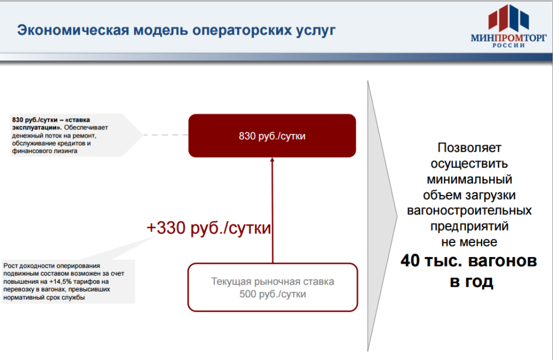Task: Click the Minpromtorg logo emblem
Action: pyautogui.click(x=509, y=18)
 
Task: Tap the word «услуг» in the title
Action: pyautogui.click(x=315, y=31)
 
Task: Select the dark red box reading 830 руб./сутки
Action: pyautogui.click(x=272, y=136)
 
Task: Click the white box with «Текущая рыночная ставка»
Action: pyautogui.click(x=273, y=287)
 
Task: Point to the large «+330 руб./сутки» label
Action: pyautogui.click(x=208, y=228)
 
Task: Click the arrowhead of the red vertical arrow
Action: pyautogui.click(x=272, y=160)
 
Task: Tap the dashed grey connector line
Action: pyautogui.click(x=166, y=135)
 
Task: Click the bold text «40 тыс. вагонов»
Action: pyautogui.click(x=469, y=261)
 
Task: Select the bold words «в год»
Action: pyautogui.click(x=471, y=282)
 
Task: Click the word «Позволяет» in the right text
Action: pyautogui.click(x=469, y=148)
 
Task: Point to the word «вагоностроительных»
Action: pyautogui.click(x=469, y=210)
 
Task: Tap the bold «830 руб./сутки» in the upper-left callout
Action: pyautogui.click(x=35, y=120)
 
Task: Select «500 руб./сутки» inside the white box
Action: pyautogui.click(x=273, y=294)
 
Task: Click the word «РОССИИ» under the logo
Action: pyautogui.click(x=509, y=45)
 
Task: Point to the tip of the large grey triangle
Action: pyautogui.click(x=397, y=217)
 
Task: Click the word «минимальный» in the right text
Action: pyautogui.click(x=469, y=179)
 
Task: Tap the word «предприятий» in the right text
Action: pyautogui.click(x=469, y=226)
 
